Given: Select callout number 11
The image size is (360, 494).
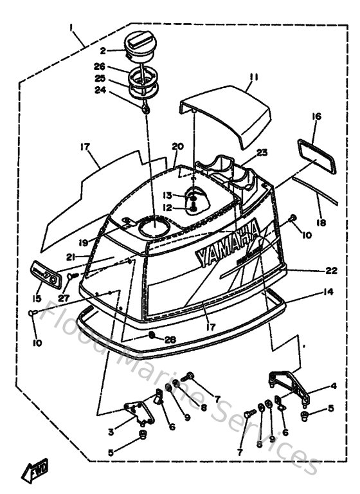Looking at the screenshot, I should click(253, 77).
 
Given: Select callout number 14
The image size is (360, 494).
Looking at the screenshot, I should click(328, 291).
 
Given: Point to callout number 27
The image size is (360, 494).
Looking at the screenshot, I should click(62, 297).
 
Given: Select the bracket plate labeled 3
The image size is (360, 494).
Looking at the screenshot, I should click(138, 412).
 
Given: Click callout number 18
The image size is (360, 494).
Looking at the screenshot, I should click(321, 223).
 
